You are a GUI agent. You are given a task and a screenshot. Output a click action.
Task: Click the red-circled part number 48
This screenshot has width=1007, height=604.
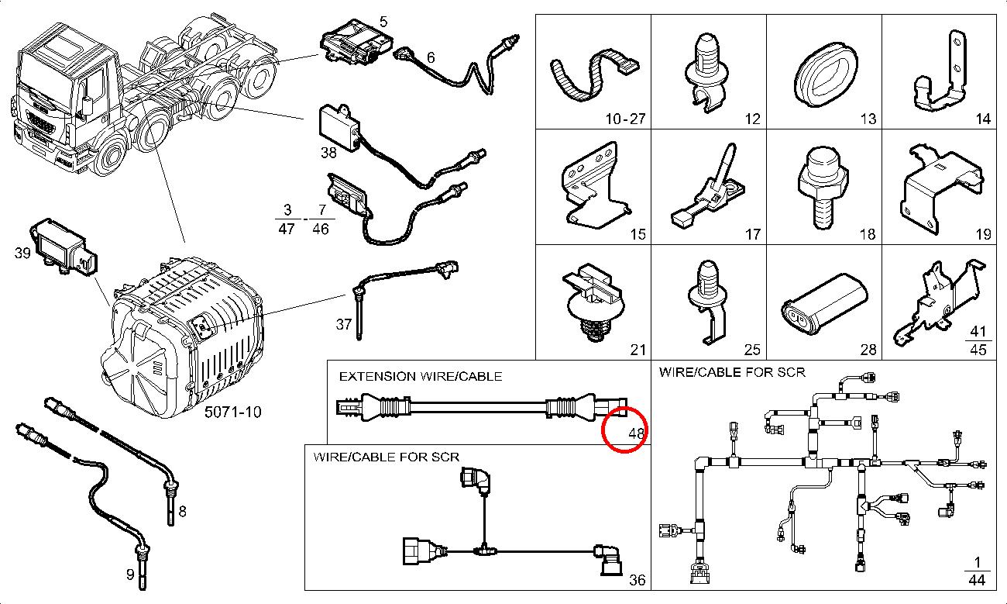[637, 433]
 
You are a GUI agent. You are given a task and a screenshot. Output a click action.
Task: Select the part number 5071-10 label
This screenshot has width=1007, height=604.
[232, 412]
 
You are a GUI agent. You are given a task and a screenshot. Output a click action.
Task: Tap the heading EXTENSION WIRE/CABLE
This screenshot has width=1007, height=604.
[421, 376]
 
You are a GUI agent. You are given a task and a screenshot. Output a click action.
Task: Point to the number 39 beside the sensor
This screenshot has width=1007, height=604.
[22, 253]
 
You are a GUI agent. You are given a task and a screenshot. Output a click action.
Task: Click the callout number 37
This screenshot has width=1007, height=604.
[344, 324]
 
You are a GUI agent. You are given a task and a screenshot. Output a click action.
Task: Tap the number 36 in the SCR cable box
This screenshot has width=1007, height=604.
[637, 580]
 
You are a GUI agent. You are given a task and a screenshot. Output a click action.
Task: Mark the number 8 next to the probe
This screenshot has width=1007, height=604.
[182, 511]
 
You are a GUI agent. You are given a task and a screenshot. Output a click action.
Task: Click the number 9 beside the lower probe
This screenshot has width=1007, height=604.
[129, 575]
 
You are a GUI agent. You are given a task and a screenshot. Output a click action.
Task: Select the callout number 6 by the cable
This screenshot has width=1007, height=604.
[431, 57]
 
